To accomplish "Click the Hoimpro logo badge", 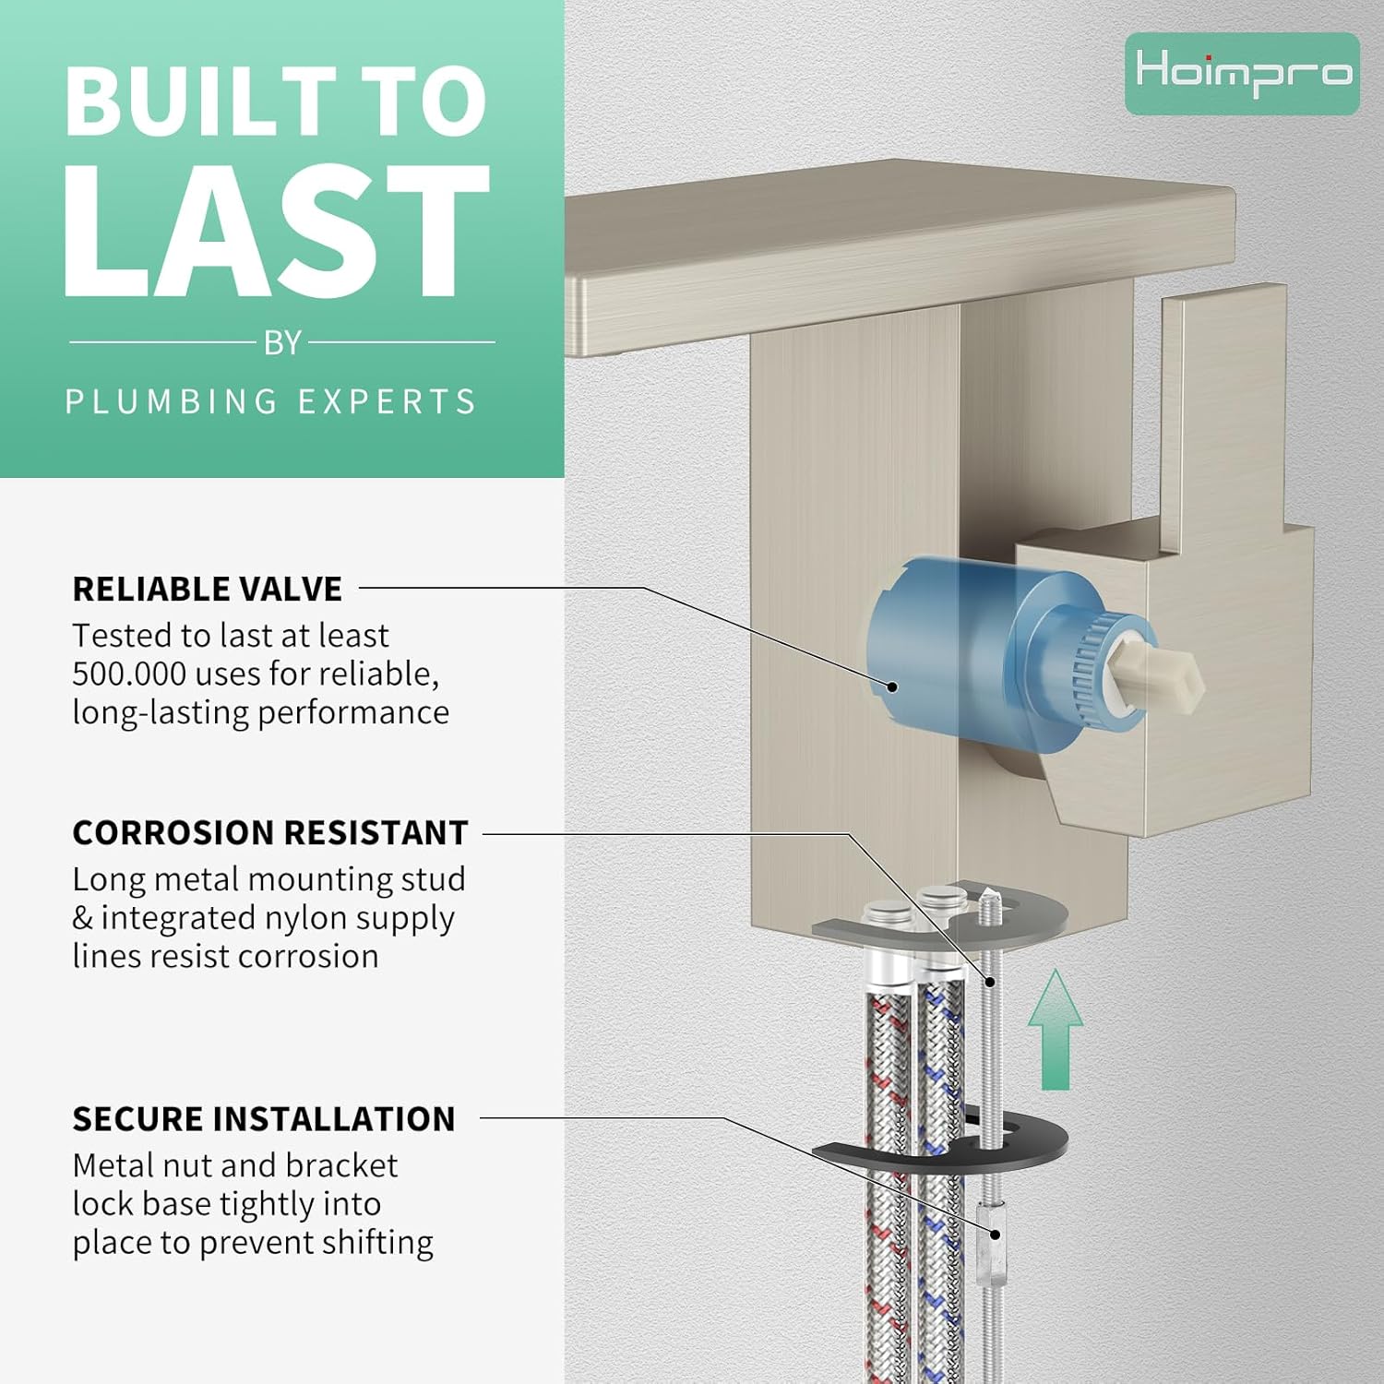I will pyautogui.click(x=1242, y=73).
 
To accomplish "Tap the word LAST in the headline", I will pyautogui.click(x=275, y=233).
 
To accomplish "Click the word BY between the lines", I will pyautogui.click(x=282, y=343).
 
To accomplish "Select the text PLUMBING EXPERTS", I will pyautogui.click(x=270, y=402).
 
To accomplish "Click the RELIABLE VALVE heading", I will pyautogui.click(x=208, y=589).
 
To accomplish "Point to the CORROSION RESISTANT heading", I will pyautogui.click(x=270, y=832).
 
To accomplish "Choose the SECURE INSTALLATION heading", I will pyautogui.click(x=264, y=1118).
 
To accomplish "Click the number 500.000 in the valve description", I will pyautogui.click(x=129, y=674).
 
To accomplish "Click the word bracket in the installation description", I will pyautogui.click(x=341, y=1165).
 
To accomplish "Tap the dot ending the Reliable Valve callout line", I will pyautogui.click(x=892, y=686).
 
